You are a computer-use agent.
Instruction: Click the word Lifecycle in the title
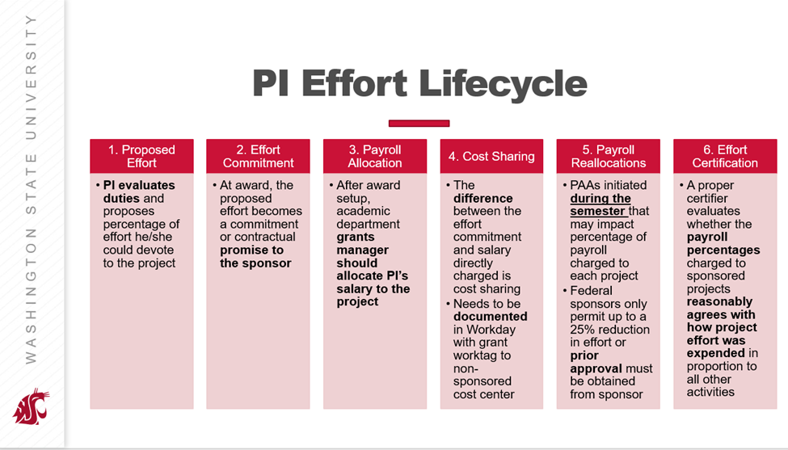pos(503,83)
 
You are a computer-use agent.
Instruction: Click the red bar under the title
pos(419,123)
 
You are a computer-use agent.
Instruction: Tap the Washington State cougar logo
pos(32,406)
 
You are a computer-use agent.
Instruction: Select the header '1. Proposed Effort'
pos(141,156)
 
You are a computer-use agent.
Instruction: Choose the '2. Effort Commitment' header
pos(259,156)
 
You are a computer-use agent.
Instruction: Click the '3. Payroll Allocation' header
pos(375,156)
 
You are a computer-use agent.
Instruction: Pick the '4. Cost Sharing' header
pos(491,156)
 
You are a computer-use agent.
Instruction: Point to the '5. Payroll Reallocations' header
pos(608,156)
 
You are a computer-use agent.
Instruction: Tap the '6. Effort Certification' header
pos(725,156)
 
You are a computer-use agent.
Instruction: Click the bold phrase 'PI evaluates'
pos(139,185)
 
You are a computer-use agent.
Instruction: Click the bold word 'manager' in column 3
pos(362,250)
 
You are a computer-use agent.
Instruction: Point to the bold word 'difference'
pos(483,199)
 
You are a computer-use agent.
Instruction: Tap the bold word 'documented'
pos(490,317)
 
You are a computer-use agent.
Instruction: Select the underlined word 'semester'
pos(597,212)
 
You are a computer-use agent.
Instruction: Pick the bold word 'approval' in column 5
pos(596,368)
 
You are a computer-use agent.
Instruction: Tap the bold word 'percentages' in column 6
pos(723,250)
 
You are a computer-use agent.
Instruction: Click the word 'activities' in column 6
pos(710,392)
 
